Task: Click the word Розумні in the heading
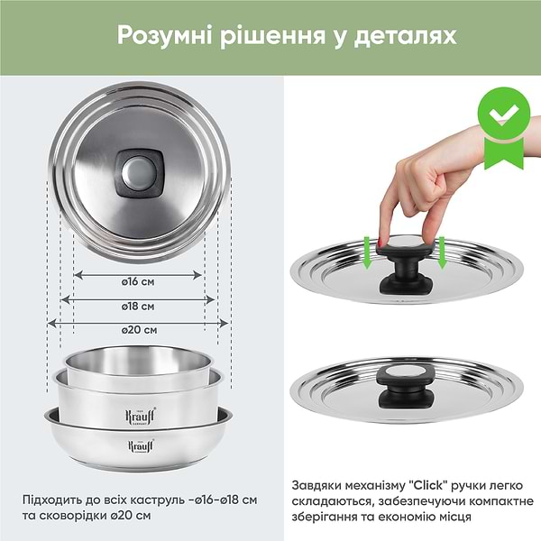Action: click(x=164, y=36)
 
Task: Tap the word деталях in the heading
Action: click(x=405, y=36)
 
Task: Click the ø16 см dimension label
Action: click(x=138, y=282)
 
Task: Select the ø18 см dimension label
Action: click(x=138, y=307)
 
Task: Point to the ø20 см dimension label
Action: click(x=139, y=330)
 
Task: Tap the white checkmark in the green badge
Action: click(x=504, y=115)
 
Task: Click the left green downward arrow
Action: click(x=368, y=252)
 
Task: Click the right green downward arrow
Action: click(x=442, y=252)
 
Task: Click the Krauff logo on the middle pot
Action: click(x=140, y=416)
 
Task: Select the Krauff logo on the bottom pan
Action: click(x=141, y=445)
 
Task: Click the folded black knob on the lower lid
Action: click(x=406, y=388)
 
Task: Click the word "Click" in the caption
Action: click(x=427, y=485)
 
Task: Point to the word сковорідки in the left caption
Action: click(x=71, y=516)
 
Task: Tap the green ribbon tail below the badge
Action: click(x=504, y=153)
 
